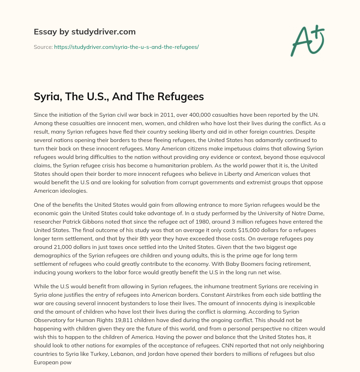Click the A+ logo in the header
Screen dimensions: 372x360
(x=307, y=40)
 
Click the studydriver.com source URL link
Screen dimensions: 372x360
(x=126, y=47)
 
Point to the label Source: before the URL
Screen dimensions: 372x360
(x=43, y=47)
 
